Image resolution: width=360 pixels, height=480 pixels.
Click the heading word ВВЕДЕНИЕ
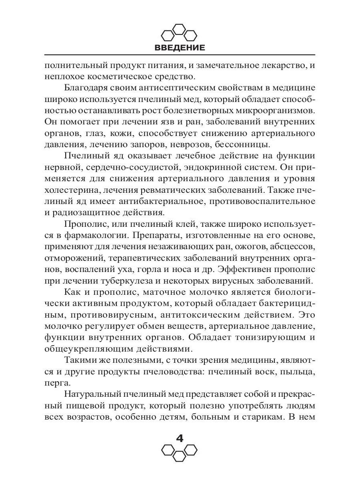tap(180, 48)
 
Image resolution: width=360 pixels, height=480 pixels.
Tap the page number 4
tap(180, 438)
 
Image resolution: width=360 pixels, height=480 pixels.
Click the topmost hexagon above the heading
tap(180, 29)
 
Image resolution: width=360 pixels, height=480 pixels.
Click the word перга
tap(55, 382)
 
